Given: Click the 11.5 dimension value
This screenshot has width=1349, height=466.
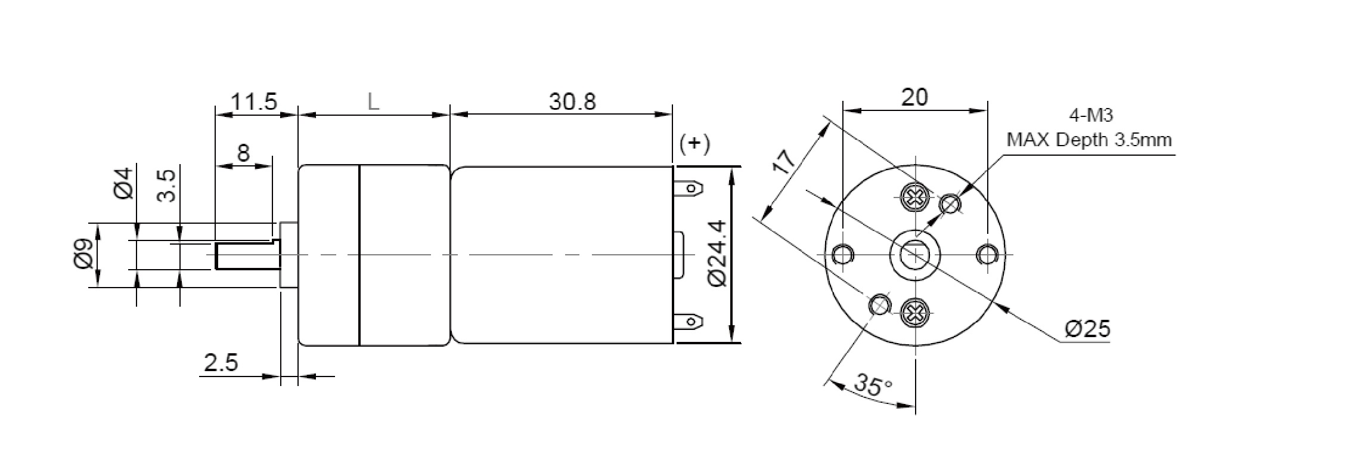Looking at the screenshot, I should (x=254, y=102).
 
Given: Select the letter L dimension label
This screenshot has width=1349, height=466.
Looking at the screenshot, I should (x=373, y=102).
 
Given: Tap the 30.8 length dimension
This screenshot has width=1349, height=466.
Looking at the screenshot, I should (x=572, y=102).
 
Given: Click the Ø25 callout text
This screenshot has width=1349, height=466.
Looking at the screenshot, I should (x=1087, y=329).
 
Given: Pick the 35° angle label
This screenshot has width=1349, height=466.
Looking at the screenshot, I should (x=873, y=385).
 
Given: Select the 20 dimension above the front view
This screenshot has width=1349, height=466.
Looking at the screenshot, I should (x=914, y=97).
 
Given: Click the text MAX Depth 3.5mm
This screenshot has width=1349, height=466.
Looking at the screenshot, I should (x=1089, y=140).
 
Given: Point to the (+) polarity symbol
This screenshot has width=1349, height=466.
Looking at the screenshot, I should (x=694, y=144).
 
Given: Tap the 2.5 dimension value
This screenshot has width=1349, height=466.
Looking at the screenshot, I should (x=221, y=363).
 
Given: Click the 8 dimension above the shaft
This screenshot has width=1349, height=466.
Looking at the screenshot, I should (x=243, y=154).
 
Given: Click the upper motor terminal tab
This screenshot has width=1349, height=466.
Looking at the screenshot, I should (x=689, y=189).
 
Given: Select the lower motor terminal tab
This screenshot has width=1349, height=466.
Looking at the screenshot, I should (x=689, y=323).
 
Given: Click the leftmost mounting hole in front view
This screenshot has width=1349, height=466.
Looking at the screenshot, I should (x=842, y=255).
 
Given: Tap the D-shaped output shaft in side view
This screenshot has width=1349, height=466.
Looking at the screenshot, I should (x=246, y=255).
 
